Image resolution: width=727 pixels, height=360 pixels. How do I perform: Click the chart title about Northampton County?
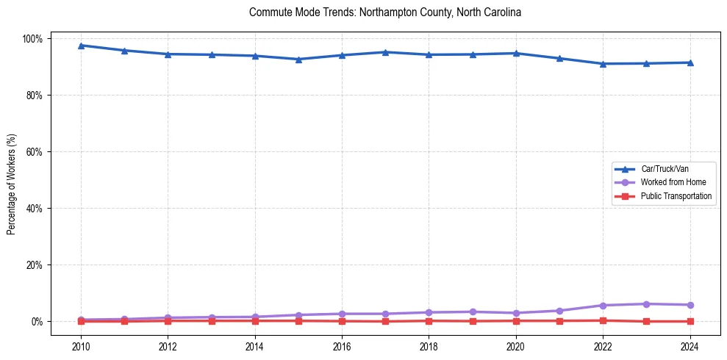385,12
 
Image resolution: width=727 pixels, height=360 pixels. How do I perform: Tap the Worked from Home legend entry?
673,182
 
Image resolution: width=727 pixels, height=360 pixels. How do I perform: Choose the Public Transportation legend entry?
676,196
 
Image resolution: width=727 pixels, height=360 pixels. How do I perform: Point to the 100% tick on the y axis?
35,38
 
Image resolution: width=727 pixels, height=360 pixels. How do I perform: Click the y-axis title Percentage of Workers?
12,180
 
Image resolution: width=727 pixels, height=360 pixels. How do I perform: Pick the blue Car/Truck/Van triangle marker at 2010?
81,46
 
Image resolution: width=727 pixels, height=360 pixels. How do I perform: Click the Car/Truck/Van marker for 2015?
298,60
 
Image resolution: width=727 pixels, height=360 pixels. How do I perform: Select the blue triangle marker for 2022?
603,64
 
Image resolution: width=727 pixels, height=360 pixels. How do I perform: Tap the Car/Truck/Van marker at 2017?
385,52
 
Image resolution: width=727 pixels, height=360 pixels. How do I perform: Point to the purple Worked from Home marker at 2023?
646,304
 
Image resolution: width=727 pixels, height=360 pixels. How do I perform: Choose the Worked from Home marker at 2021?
559,311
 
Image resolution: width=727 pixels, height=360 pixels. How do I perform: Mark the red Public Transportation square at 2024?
690,321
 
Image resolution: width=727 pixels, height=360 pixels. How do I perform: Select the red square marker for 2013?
212,321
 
